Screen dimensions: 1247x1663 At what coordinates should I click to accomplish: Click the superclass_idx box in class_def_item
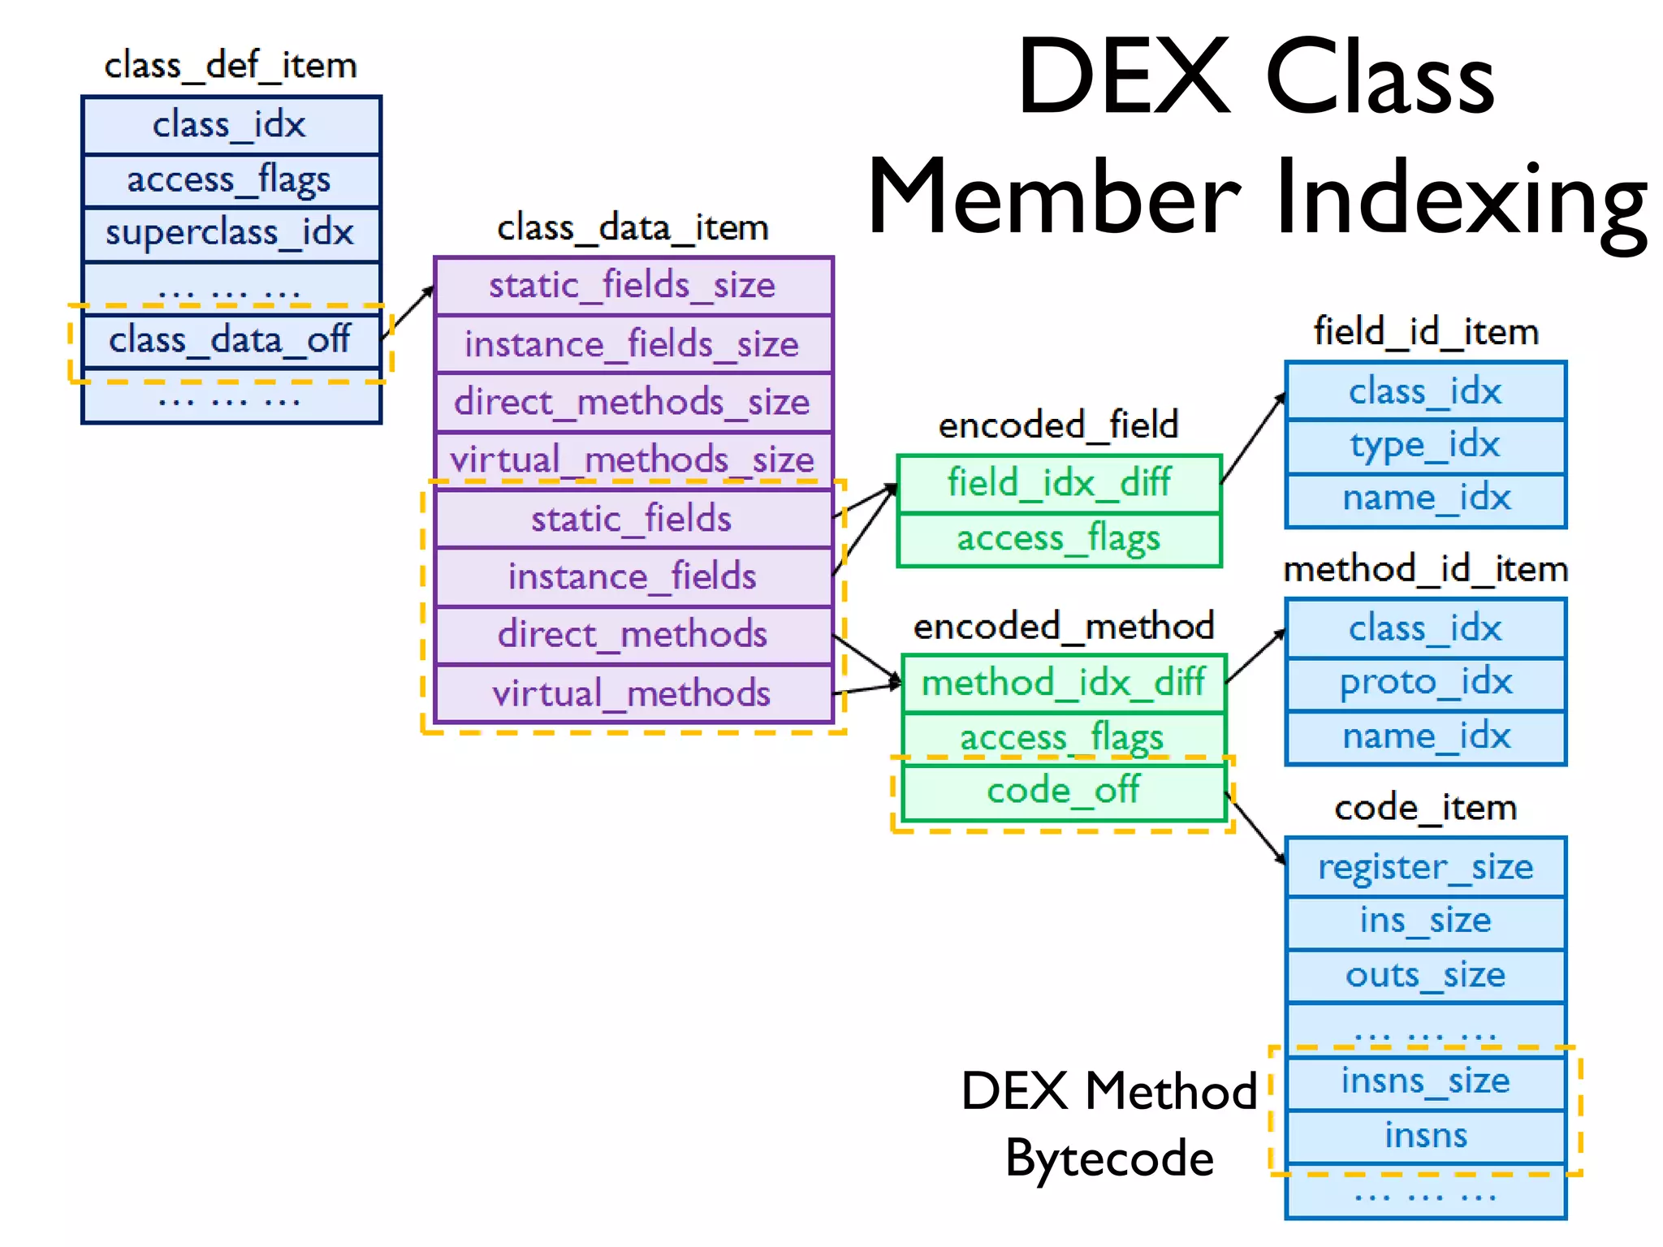coord(231,234)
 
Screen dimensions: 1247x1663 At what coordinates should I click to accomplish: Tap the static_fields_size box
coord(633,286)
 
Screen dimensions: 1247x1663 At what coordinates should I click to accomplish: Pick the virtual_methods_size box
coord(633,460)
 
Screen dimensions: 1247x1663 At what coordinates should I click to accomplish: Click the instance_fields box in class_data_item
coord(633,576)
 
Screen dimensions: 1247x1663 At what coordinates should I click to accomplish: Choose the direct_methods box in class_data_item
coord(633,635)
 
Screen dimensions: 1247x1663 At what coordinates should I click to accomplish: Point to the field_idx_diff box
coord(1059,483)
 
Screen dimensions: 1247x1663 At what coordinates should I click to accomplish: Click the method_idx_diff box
coord(1064,683)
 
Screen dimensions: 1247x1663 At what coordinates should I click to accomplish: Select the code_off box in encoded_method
coord(1064,791)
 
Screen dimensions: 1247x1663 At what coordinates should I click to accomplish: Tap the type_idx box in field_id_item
coord(1425,446)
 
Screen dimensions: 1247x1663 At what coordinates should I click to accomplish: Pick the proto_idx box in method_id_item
coord(1425,683)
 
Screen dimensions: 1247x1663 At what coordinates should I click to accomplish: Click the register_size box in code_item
coord(1425,867)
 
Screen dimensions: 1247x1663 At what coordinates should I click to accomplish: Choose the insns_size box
coord(1425,1081)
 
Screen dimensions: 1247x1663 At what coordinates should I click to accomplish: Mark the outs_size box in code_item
coord(1425,975)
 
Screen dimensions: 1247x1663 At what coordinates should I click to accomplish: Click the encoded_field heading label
coord(1059,425)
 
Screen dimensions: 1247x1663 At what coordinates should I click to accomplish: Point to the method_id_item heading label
coord(1425,569)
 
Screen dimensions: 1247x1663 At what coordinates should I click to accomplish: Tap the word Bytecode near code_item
coord(1109,1158)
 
